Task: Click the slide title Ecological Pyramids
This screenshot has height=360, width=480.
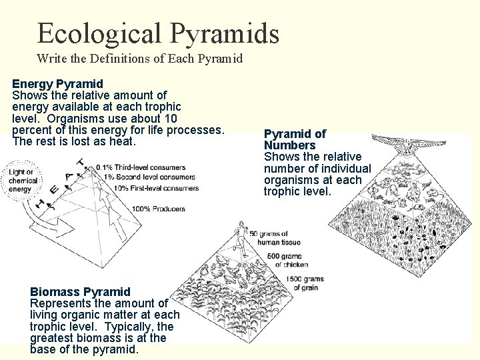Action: pos(158,33)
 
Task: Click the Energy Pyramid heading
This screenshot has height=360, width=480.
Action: pos(57,84)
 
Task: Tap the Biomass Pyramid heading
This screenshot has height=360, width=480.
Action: pos(80,292)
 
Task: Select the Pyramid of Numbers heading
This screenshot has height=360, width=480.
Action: pos(295,139)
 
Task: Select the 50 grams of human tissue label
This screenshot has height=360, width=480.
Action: pos(269,238)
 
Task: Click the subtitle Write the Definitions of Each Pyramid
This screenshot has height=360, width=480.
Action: pos(139,59)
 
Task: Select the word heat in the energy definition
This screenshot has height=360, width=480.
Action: pos(123,142)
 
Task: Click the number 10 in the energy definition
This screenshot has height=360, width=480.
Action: pos(169,118)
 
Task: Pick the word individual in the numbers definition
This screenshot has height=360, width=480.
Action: pos(346,169)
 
